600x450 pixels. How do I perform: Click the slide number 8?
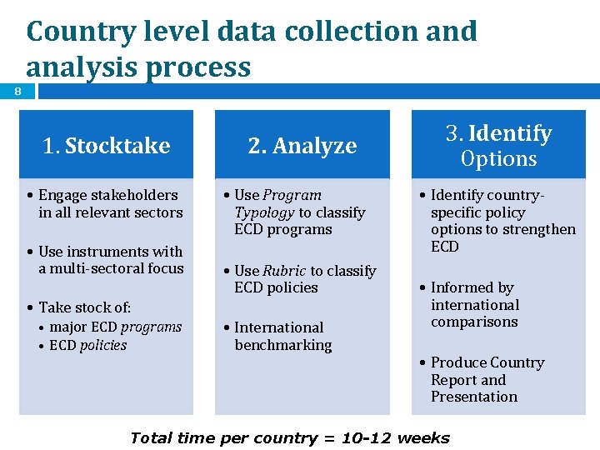tap(17, 92)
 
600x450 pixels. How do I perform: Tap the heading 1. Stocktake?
tap(106, 146)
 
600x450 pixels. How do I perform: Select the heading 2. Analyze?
tap(302, 146)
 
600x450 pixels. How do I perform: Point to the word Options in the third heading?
tap(498, 158)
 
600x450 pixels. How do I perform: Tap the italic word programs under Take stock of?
tap(150, 327)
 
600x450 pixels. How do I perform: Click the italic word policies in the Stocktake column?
tap(103, 345)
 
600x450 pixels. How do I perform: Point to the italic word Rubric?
tap(284, 271)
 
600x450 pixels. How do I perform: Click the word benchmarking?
tap(282, 345)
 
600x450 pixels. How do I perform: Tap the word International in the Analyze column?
tap(278, 327)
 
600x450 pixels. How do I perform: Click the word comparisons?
tap(474, 322)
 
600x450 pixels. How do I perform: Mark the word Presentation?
tap(473, 397)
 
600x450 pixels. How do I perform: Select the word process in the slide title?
tap(198, 67)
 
